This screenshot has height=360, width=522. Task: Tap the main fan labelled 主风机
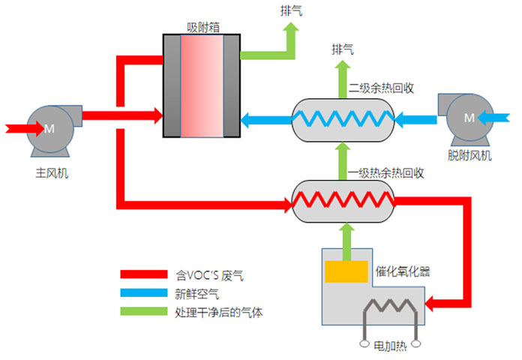(47, 130)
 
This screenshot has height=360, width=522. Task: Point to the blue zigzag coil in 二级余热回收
(343, 117)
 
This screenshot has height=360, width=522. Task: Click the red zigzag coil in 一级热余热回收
(343, 201)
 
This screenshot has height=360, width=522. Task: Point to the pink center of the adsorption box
(202, 86)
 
